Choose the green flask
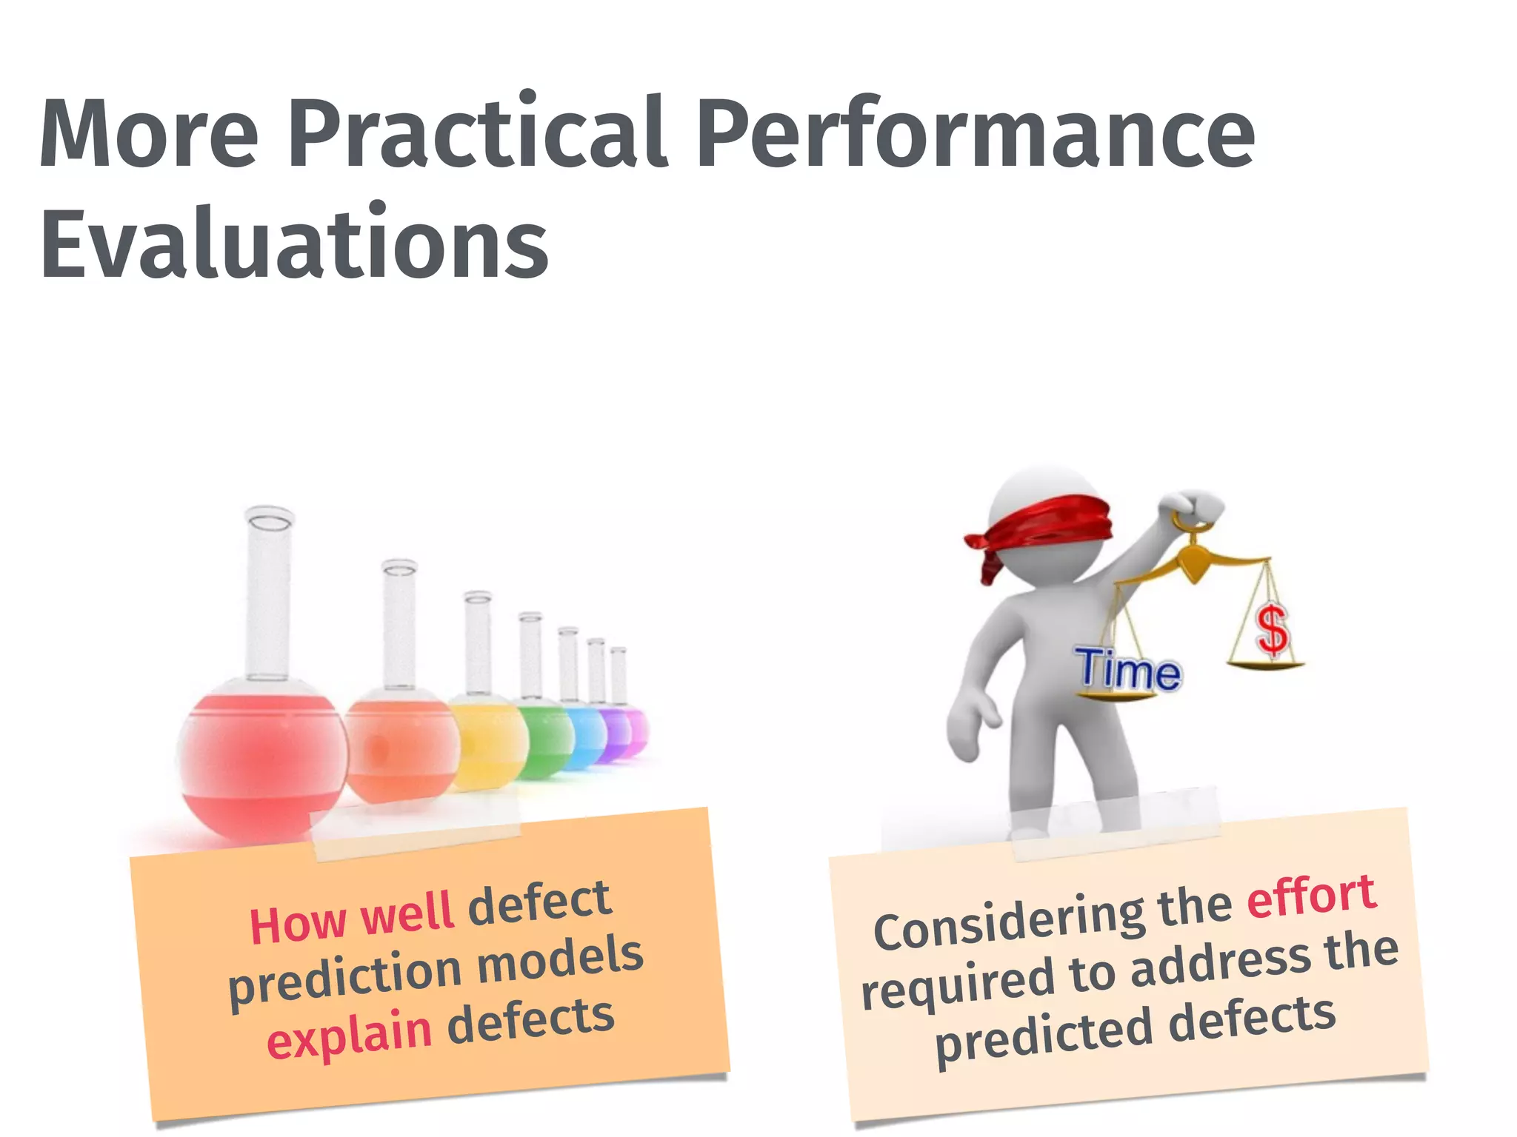546,740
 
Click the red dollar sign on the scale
1273,630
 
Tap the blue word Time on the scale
1128,670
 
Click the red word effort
1311,896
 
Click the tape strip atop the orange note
416,833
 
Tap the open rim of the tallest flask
270,520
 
